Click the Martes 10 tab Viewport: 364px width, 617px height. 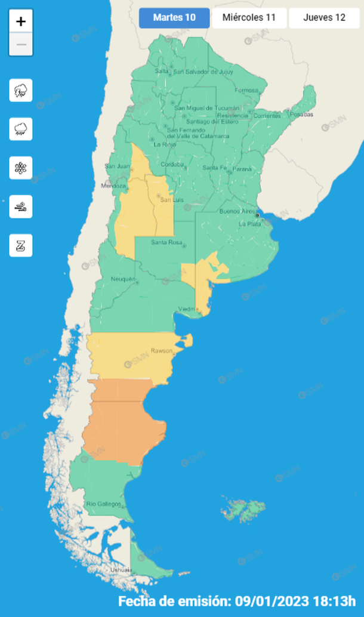(174, 17)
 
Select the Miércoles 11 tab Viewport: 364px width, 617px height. (249, 17)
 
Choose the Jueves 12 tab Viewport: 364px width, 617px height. (324, 17)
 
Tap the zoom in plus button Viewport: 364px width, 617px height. (21, 21)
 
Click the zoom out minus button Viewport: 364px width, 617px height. (21, 44)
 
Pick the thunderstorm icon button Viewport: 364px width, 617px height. (21, 91)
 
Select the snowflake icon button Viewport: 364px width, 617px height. (21, 168)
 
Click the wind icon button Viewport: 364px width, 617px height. (21, 207)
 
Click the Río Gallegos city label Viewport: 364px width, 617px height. (104, 504)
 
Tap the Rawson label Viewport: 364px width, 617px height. (162, 350)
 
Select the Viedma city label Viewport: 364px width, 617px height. (189, 308)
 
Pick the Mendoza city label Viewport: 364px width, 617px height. (115, 186)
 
